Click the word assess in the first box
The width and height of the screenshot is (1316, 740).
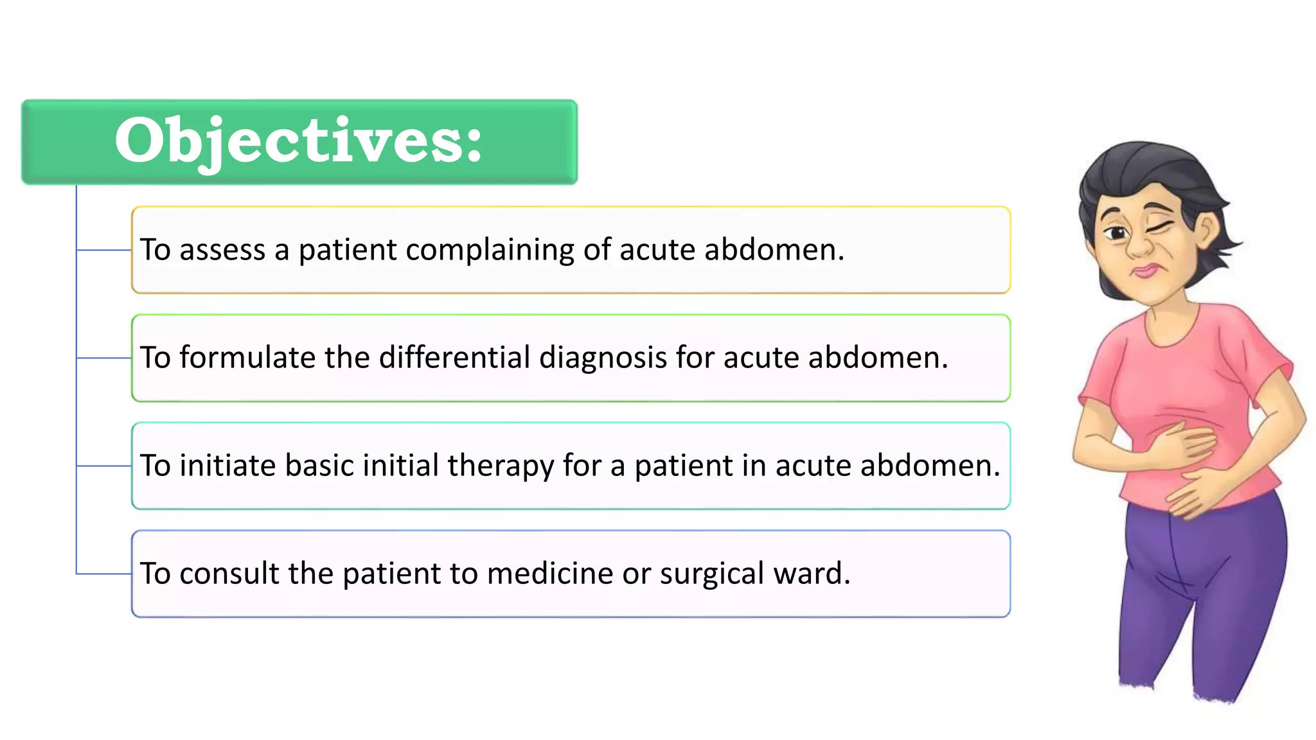tap(222, 250)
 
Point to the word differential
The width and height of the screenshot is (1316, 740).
tap(454, 358)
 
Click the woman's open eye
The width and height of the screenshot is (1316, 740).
tap(1117, 233)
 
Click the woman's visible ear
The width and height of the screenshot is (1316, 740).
tap(1206, 230)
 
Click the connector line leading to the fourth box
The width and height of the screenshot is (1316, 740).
tap(103, 574)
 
